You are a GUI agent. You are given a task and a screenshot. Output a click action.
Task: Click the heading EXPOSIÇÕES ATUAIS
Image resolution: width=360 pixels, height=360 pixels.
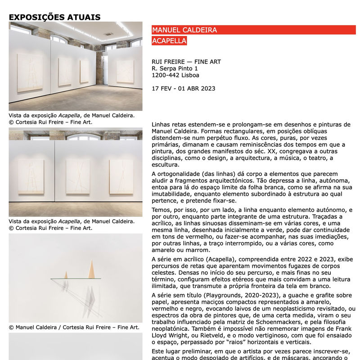point(54,18)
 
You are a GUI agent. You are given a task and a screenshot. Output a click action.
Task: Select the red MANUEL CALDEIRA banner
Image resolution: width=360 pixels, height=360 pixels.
point(184,30)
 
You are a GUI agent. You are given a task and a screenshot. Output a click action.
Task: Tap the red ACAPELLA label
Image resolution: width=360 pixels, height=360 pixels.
point(169,41)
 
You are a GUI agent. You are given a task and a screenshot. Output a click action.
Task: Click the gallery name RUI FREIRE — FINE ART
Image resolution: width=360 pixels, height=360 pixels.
point(186,62)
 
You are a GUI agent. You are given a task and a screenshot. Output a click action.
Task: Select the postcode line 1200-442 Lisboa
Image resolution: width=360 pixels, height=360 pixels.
point(175,75)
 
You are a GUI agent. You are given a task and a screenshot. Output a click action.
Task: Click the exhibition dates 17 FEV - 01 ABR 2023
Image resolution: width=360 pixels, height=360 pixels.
point(184,89)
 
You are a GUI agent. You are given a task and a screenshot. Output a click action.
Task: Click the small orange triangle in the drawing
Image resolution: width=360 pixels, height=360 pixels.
point(66,274)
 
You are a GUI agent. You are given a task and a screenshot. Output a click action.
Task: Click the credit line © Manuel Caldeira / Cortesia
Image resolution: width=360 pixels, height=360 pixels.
point(74,327)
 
